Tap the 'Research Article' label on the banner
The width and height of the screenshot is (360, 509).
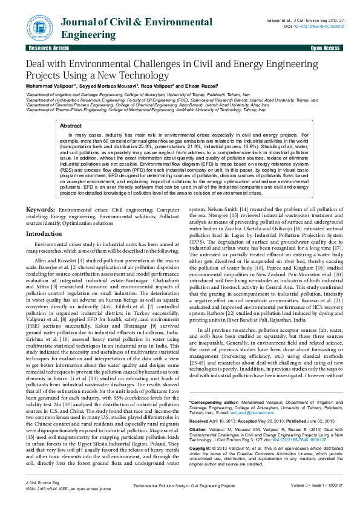[44, 47]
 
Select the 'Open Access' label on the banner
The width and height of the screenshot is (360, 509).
[325, 47]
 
